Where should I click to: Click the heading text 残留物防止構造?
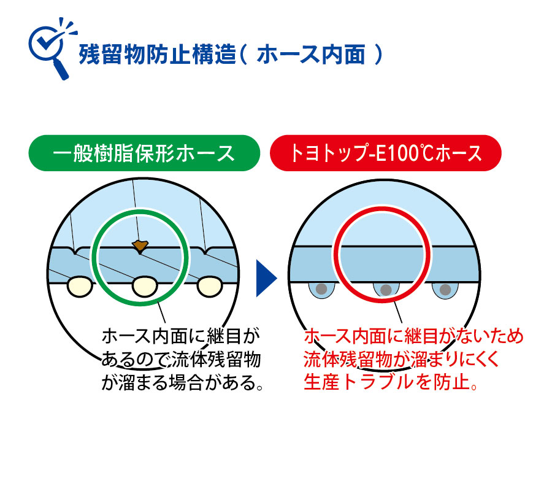158,55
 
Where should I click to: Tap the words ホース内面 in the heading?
311,55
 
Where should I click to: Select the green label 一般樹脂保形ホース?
144,153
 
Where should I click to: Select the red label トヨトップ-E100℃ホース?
386,153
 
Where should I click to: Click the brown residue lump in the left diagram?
140,245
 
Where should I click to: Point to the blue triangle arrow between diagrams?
267,278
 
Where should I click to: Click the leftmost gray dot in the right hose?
321,289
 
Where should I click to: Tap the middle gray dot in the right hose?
386,290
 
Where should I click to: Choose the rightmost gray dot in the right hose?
445,290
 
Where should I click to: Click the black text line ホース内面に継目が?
180,336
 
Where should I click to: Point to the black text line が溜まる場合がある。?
182,382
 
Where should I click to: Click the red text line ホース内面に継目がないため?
413,336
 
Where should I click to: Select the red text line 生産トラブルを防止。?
391,382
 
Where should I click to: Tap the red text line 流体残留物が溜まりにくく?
401,359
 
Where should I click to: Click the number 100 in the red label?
402,153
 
